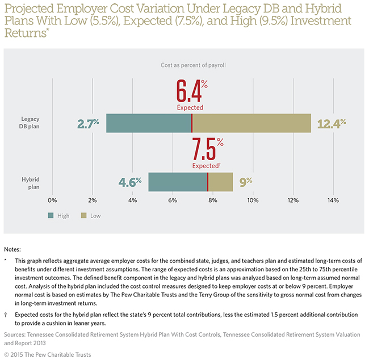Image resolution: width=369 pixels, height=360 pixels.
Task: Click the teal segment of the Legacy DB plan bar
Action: point(148,123)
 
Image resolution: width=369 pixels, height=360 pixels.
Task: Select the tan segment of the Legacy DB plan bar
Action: point(251,123)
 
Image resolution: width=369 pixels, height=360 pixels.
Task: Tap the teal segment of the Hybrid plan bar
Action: point(177,182)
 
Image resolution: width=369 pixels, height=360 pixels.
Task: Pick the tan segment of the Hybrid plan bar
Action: point(220,182)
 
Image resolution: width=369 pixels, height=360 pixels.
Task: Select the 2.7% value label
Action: point(89,123)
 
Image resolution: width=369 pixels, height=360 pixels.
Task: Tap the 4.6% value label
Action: point(129,182)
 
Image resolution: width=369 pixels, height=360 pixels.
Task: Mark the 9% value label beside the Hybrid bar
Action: point(246,182)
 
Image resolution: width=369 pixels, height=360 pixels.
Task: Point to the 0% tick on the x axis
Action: point(52,200)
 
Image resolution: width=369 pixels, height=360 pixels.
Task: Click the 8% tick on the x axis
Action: point(213,200)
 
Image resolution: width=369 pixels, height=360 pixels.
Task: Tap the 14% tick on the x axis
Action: point(332,200)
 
